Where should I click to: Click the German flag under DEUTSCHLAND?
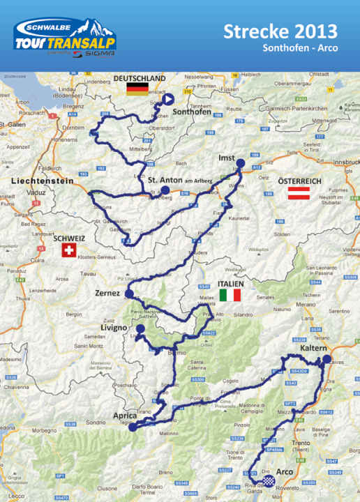(137, 89)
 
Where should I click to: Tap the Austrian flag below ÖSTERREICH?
(299, 193)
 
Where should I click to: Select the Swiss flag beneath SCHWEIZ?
(68, 250)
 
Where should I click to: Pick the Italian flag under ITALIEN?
(230, 295)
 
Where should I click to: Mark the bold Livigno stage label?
(113, 328)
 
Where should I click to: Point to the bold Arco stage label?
(285, 472)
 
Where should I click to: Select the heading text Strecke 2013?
(280, 31)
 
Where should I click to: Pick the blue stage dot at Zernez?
(129, 295)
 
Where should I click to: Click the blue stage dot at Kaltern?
(327, 359)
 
